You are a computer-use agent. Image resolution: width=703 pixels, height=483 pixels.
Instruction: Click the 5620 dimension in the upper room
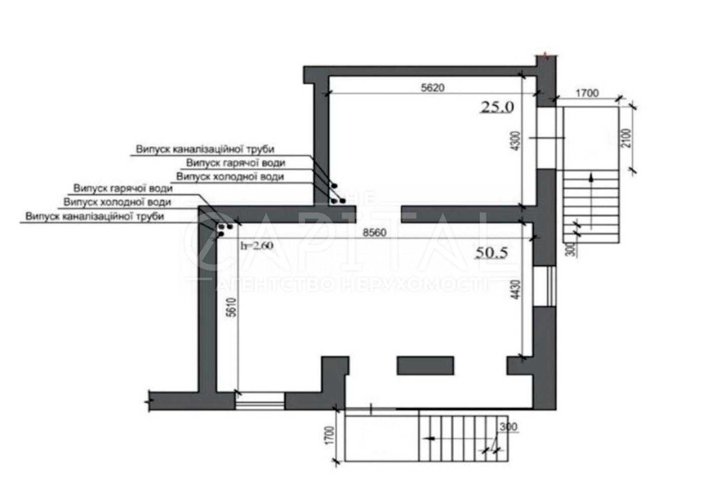click(433, 87)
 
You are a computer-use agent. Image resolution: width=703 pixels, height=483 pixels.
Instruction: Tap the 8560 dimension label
click(375, 233)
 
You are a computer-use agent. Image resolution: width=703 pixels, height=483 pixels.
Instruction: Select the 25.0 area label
click(498, 107)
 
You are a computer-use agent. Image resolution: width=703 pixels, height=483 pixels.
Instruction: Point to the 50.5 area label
click(492, 253)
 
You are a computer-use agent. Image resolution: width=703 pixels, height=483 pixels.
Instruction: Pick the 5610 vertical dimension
click(232, 308)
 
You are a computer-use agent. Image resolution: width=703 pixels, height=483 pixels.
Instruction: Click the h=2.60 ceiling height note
click(257, 246)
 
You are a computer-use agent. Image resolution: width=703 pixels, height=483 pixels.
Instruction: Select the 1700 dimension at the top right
click(587, 93)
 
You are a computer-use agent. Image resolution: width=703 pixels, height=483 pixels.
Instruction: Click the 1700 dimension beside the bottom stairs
click(329, 435)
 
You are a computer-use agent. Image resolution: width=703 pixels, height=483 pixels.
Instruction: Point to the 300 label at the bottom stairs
click(508, 427)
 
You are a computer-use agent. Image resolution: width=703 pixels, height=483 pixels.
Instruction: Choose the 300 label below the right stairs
click(573, 250)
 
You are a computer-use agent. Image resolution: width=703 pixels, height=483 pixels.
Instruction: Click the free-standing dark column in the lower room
click(425, 366)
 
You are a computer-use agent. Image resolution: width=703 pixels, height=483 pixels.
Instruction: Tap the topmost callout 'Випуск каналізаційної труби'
click(205, 149)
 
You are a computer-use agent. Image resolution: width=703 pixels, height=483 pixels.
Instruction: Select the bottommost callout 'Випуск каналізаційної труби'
click(95, 216)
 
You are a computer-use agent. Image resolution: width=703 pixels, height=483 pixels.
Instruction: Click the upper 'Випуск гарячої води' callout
click(236, 163)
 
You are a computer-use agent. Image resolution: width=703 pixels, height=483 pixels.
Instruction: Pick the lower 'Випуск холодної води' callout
click(118, 202)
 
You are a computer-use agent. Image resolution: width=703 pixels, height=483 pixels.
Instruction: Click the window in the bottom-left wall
click(260, 401)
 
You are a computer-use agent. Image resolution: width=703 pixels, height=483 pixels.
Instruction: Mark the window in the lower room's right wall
click(545, 286)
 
